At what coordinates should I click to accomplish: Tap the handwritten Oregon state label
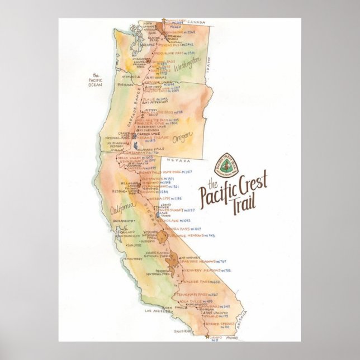pos(182,138)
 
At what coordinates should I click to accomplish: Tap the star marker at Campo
pos(207,337)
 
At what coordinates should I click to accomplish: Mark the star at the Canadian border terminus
pos(163,21)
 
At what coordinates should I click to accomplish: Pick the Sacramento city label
pos(120,221)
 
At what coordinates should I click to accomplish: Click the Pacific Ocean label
pos(97,80)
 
